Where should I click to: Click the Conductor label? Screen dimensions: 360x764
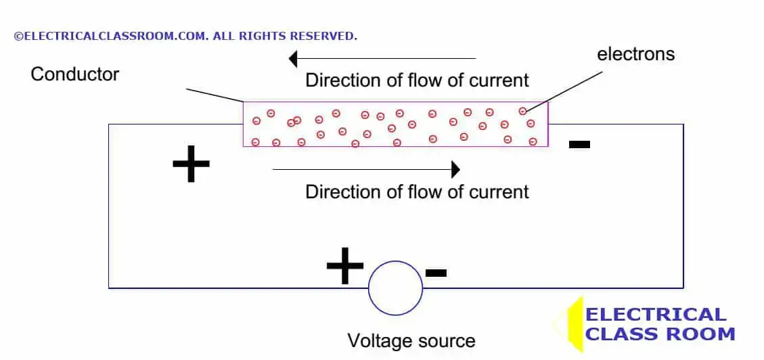pos(74,74)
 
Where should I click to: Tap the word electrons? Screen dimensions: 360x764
pos(635,54)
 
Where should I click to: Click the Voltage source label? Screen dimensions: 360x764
pos(411,340)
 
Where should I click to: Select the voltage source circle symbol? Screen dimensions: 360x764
pos(395,288)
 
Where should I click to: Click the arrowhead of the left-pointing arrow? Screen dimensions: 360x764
pos(293,59)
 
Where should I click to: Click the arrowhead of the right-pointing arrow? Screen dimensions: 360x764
pos(455,168)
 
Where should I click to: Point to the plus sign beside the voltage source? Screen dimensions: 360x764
pos(345,266)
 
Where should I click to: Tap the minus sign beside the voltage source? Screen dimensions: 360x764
pos(436,273)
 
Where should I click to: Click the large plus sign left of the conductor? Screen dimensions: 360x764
pos(191,164)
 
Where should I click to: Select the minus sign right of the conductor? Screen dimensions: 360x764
pos(579,144)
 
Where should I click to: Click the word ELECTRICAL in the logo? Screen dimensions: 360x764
pos(656,315)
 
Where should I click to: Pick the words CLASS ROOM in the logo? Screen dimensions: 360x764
pos(660,334)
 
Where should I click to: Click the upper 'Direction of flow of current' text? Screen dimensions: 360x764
pos(417,80)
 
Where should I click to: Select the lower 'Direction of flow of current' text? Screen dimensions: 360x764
pos(417,192)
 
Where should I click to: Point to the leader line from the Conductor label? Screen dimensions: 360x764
pos(215,95)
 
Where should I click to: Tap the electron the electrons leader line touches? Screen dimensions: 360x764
pos(522,111)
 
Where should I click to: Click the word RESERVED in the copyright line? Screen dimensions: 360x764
pos(325,36)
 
